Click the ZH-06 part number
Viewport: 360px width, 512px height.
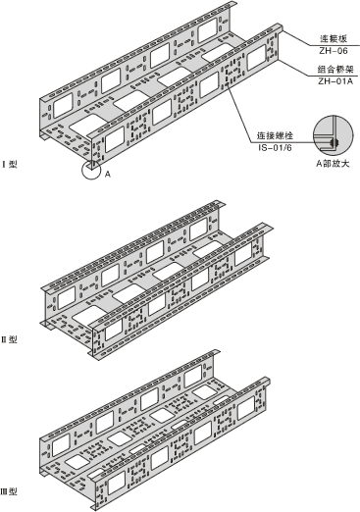click(334, 51)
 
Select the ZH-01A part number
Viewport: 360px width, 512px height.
click(335, 81)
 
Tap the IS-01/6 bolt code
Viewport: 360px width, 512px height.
click(275, 147)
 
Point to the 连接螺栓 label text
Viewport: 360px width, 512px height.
click(275, 135)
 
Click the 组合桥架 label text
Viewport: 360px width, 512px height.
click(335, 70)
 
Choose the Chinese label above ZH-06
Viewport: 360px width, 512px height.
click(334, 39)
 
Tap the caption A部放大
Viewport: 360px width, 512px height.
click(333, 163)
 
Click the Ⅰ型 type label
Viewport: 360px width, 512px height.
click(10, 164)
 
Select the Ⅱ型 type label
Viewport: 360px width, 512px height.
click(10, 339)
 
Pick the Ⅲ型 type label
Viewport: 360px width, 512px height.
click(9, 491)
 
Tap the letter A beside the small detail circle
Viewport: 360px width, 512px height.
click(108, 175)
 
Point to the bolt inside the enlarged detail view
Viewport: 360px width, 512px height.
click(335, 143)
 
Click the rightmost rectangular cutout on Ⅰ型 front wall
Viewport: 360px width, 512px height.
click(257, 58)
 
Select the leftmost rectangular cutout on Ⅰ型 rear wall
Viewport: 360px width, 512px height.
click(63, 105)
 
